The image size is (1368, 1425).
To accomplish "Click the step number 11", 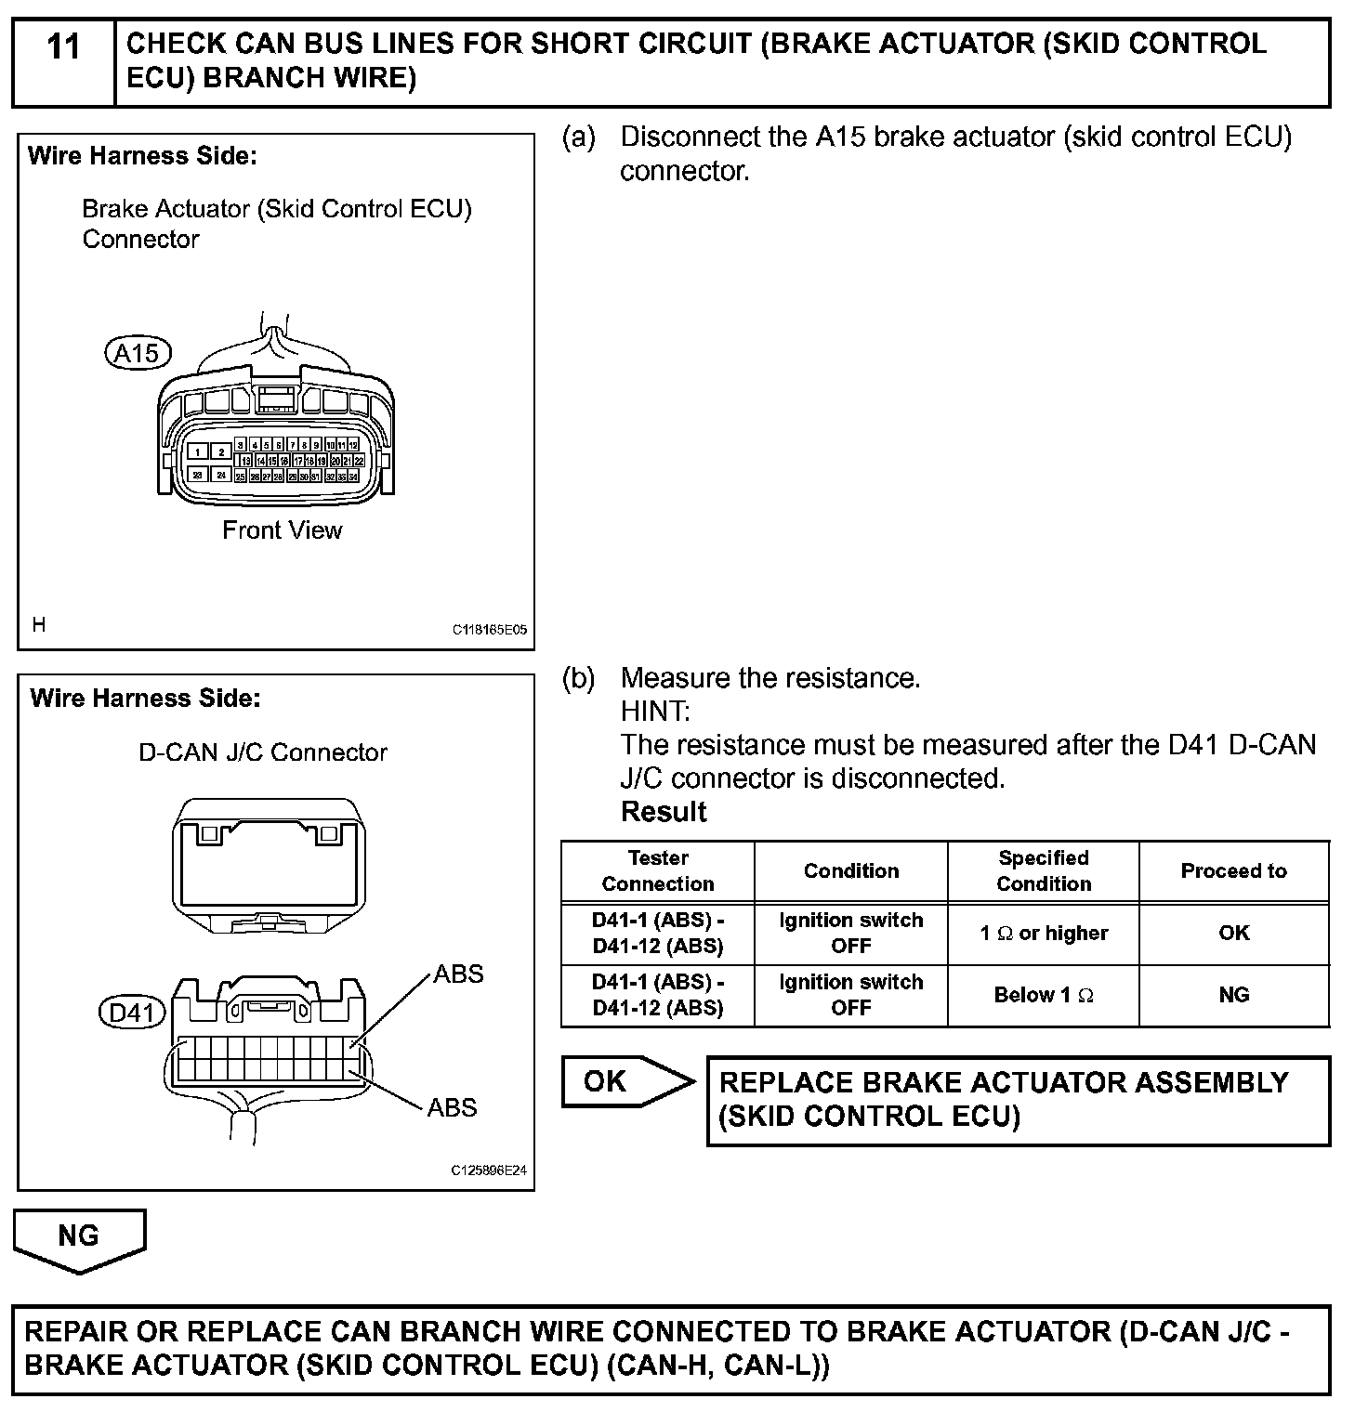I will click(x=63, y=46).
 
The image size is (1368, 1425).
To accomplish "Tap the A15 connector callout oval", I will click(x=138, y=353).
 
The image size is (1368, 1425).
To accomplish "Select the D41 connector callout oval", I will click(x=131, y=1012).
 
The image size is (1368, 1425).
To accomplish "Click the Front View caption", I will click(x=282, y=530).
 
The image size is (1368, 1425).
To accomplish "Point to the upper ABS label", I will click(x=458, y=974).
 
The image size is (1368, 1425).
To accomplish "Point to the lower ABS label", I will click(x=452, y=1107).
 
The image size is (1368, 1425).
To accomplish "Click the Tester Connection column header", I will click(x=658, y=870).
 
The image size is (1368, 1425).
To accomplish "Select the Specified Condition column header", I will click(x=1044, y=870).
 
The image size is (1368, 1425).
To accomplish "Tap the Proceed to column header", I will click(x=1233, y=870).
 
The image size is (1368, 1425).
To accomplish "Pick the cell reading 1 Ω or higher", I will click(x=1044, y=933).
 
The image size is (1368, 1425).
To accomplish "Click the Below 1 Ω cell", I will click(x=1044, y=995).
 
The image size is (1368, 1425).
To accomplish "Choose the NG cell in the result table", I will click(x=1233, y=995).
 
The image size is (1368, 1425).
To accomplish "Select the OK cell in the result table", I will click(x=1233, y=933).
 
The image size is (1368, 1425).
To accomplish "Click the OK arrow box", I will click(x=618, y=1081).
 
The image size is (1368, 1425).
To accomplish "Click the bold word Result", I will click(x=664, y=812).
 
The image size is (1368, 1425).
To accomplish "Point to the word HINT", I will click(x=655, y=712).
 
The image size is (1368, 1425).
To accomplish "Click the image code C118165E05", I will click(x=490, y=630).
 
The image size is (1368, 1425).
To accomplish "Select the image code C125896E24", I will click(x=489, y=1170).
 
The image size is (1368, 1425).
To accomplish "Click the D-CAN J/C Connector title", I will click(x=263, y=752).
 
